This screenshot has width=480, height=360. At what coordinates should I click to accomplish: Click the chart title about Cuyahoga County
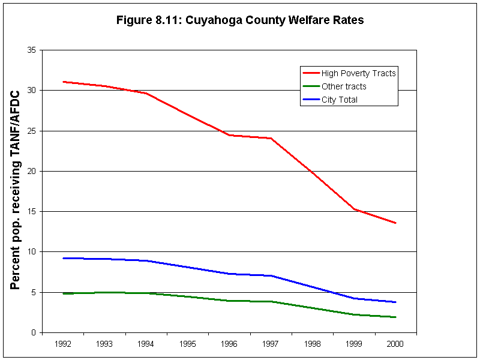click(x=240, y=20)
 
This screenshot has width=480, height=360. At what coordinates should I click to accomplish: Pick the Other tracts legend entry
click(x=343, y=86)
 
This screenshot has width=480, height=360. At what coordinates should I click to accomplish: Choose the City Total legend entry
click(x=339, y=100)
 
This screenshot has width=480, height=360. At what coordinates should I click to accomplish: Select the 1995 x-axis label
click(x=187, y=344)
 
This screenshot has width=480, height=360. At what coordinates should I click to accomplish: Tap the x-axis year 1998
click(x=312, y=344)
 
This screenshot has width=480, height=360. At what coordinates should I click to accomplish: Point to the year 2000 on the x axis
click(x=395, y=344)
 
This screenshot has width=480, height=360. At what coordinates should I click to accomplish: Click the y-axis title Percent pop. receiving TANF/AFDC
click(x=16, y=190)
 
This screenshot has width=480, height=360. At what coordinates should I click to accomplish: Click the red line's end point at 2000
click(x=395, y=223)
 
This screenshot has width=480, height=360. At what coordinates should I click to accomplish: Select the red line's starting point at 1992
click(x=63, y=82)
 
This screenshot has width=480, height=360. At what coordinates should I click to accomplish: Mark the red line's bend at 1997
click(x=271, y=139)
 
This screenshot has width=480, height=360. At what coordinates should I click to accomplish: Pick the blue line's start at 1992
click(x=63, y=258)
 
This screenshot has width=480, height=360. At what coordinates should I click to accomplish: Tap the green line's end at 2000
click(x=395, y=317)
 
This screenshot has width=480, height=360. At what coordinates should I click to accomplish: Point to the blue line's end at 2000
click(x=395, y=302)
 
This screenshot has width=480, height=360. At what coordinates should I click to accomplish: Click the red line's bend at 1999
click(x=354, y=209)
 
